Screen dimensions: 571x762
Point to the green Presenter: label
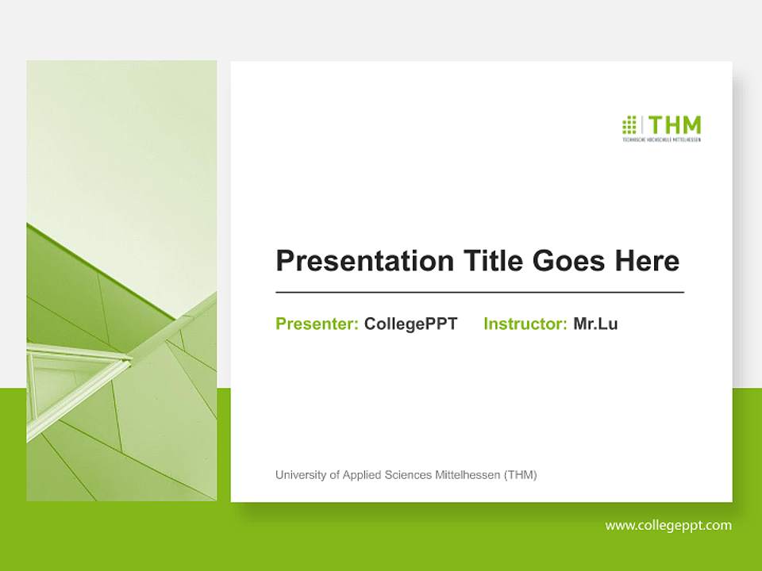pos(317,324)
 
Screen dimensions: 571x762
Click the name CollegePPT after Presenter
pos(410,324)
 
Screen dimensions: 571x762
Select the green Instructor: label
pos(525,324)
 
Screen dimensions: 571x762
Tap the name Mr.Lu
pos(595,324)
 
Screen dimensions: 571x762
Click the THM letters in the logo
pos(675,125)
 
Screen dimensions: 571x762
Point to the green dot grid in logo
pos(629,125)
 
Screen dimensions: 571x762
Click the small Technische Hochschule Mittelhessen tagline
pos(661,140)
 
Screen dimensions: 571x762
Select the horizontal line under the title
pos(479,293)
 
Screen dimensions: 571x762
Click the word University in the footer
pos(301,475)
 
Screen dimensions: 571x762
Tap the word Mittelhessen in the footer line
pos(468,475)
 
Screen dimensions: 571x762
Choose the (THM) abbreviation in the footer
pos(521,475)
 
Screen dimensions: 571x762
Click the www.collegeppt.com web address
pos(668,525)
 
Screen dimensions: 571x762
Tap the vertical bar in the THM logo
pos(643,126)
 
